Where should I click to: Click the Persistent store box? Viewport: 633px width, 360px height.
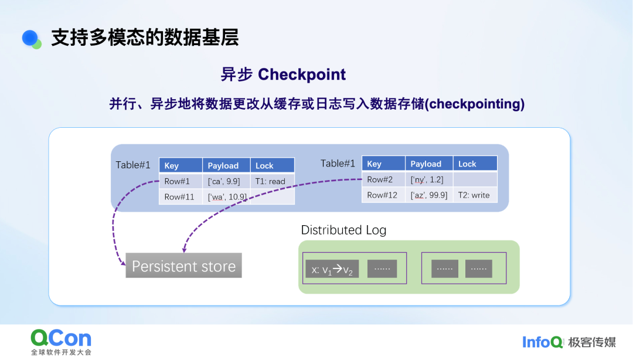click(x=183, y=266)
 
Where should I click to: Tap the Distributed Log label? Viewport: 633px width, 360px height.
click(x=343, y=230)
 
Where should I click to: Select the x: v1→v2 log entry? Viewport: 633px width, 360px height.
click(x=332, y=269)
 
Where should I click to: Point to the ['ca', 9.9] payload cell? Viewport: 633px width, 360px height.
click(x=226, y=181)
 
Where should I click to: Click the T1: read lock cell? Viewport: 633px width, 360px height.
click(x=272, y=181)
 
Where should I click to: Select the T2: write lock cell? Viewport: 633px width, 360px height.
click(x=475, y=195)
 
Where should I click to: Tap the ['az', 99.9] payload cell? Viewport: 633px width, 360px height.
click(x=429, y=195)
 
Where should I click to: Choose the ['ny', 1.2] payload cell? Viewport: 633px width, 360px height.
click(x=429, y=179)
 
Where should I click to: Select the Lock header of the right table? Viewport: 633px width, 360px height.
click(x=475, y=164)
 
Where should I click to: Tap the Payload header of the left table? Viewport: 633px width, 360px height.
click(x=226, y=165)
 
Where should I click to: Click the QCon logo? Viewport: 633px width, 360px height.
click(x=61, y=338)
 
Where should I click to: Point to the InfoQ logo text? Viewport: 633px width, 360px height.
click(x=543, y=342)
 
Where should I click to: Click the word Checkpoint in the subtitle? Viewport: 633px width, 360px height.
click(x=302, y=74)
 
